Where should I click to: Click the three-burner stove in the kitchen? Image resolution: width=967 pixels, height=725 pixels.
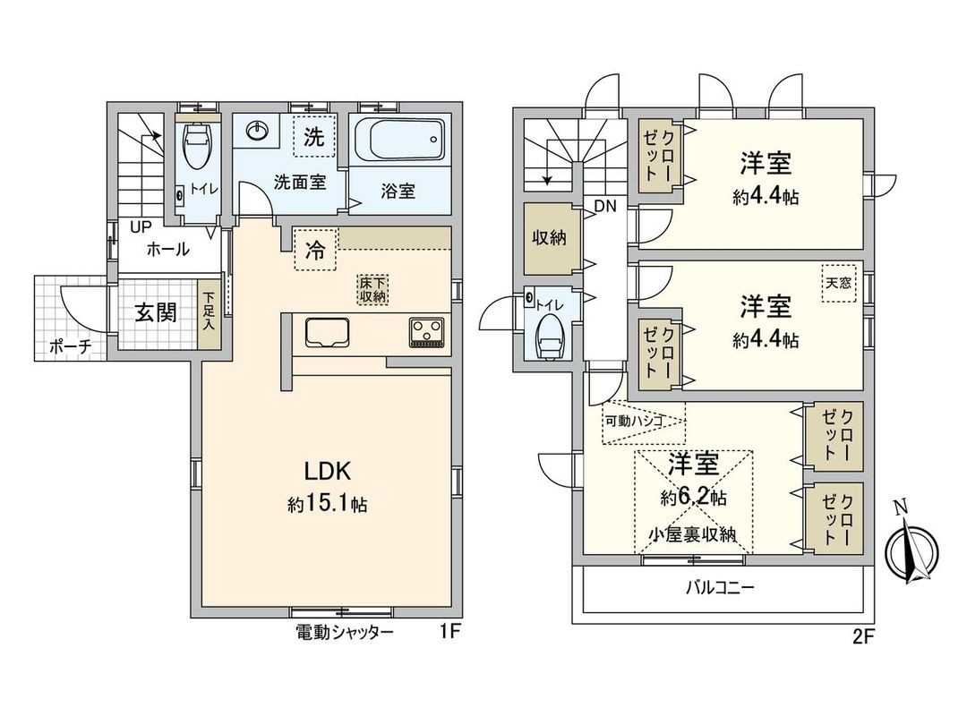click(x=428, y=332)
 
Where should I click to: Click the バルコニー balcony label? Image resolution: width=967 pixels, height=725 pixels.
click(x=720, y=588)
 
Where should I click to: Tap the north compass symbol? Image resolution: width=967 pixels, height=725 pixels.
click(x=911, y=553)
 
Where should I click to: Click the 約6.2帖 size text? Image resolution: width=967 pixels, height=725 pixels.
click(x=693, y=497)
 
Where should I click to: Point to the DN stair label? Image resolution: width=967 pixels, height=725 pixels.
click(x=605, y=206)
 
